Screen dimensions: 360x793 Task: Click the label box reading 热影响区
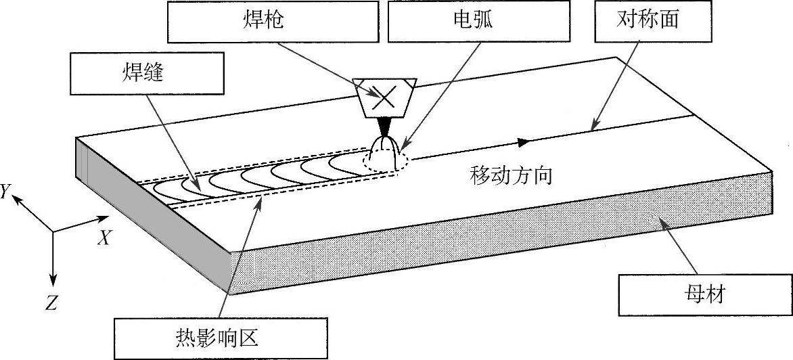(221, 336)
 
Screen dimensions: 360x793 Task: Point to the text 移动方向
(512, 177)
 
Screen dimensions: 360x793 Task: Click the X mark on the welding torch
(384, 97)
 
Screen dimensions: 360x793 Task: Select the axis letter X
(104, 237)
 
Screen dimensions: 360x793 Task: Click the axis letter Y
(5, 192)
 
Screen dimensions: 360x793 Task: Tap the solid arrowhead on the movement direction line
(522, 142)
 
